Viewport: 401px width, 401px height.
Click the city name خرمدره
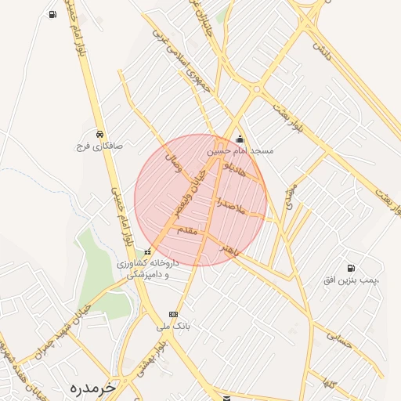pyautogui.click(x=92, y=387)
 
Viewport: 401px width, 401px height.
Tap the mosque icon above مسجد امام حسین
pyautogui.click(x=240, y=139)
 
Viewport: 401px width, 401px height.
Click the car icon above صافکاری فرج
pyautogui.click(x=99, y=134)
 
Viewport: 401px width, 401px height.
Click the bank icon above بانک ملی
pyautogui.click(x=173, y=314)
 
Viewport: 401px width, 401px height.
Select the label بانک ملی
pyautogui.click(x=174, y=325)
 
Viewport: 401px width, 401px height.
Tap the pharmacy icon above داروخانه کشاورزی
pyautogui.click(x=148, y=251)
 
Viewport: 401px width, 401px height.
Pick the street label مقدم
pyautogui.click(x=190, y=229)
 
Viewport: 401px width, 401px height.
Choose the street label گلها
pyautogui.click(x=330, y=384)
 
